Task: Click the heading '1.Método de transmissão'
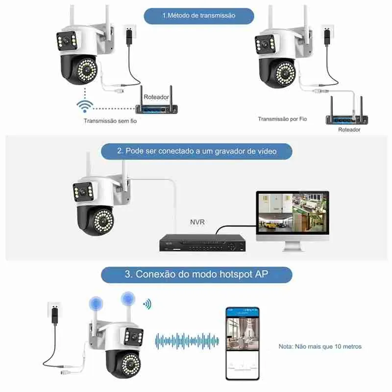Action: click(x=198, y=15)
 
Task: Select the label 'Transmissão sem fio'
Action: click(x=110, y=121)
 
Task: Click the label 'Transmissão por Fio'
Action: click(x=282, y=119)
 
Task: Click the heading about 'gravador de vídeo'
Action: click(x=196, y=151)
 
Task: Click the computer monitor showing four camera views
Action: click(x=292, y=215)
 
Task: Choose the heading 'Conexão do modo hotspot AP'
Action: click(x=196, y=274)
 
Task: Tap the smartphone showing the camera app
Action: click(x=242, y=343)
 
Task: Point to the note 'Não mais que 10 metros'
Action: click(x=320, y=346)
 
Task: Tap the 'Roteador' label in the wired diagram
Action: click(x=349, y=130)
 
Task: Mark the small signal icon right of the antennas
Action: click(x=146, y=304)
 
